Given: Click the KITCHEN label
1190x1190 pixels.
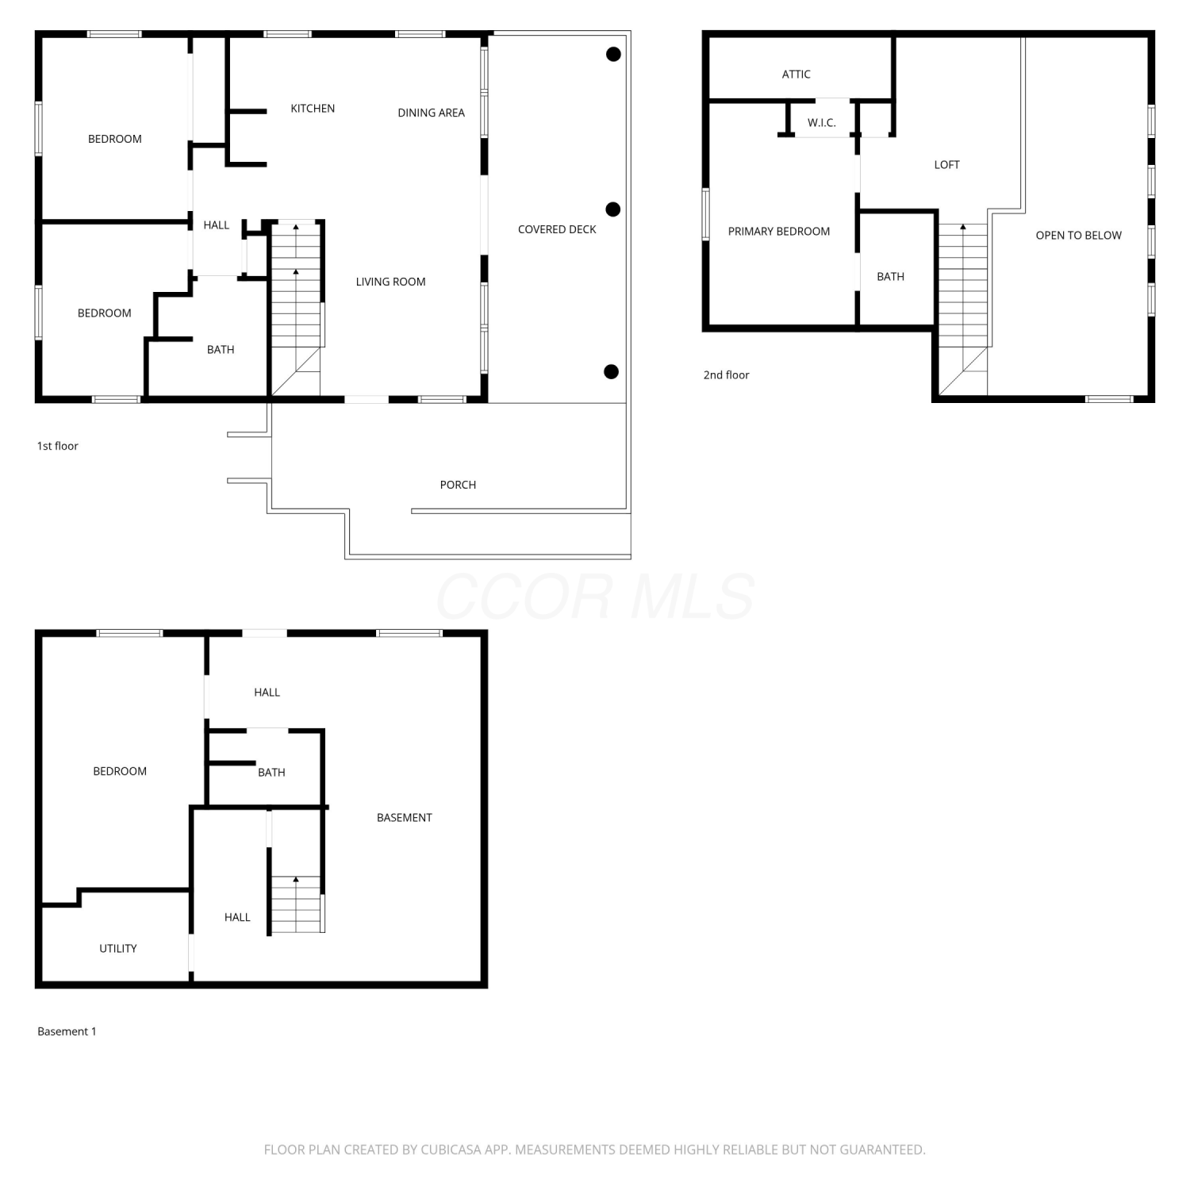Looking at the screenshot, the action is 313,109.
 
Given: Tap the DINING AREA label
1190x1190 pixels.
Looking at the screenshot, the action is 431,113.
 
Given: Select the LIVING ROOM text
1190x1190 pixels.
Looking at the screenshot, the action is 390,282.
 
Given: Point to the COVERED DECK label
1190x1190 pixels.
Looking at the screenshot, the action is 557,229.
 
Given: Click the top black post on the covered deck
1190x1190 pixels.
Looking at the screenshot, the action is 613,54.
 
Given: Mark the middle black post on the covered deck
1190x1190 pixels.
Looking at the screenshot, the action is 612,209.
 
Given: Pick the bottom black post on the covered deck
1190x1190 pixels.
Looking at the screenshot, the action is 611,372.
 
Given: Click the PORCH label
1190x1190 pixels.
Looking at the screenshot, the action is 458,485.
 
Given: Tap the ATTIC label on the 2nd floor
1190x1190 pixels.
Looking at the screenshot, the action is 797,75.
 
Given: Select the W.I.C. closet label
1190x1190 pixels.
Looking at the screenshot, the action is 822,123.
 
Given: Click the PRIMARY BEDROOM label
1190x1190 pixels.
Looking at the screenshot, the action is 779,232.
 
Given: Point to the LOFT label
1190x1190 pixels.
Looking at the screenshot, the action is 946,165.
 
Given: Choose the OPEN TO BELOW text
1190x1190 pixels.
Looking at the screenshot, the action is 1078,236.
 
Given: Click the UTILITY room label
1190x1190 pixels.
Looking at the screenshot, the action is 118,949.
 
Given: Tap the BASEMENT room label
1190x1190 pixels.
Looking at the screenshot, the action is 405,818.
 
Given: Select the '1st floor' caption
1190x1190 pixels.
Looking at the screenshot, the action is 58,446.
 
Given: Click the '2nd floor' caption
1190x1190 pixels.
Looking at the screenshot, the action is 726,375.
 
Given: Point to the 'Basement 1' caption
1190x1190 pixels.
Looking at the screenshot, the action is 67,1031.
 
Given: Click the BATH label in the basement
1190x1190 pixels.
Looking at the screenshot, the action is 271,773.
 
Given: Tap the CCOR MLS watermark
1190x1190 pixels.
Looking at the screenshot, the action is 595,597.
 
